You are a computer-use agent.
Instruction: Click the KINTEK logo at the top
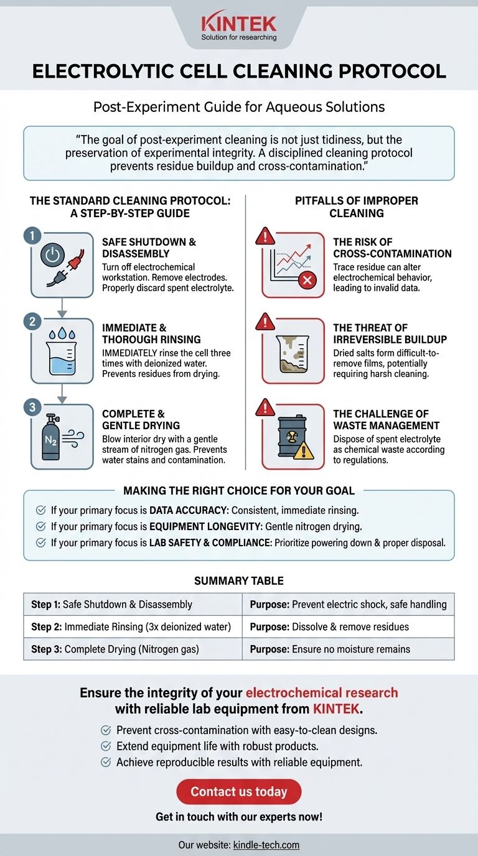tap(238, 27)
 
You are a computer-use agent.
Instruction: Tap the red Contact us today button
tap(238, 791)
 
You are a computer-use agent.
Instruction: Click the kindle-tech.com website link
tap(266, 845)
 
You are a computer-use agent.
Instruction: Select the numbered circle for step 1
tap(32, 236)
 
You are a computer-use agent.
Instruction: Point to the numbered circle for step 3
tap(32, 407)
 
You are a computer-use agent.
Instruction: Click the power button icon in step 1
tap(53, 255)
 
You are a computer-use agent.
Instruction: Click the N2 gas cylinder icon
tap(50, 437)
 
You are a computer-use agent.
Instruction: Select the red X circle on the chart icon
tap(307, 281)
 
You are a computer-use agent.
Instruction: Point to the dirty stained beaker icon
tap(292, 354)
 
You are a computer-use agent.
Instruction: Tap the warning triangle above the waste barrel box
tap(265, 407)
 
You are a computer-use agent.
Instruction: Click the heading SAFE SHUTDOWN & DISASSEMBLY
tap(149, 248)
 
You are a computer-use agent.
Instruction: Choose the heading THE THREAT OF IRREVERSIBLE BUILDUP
tap(390, 333)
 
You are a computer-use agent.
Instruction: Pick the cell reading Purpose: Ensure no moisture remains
tap(348, 649)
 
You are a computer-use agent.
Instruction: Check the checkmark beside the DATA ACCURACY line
tap(40, 510)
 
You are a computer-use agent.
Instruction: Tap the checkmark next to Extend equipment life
tap(106, 746)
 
